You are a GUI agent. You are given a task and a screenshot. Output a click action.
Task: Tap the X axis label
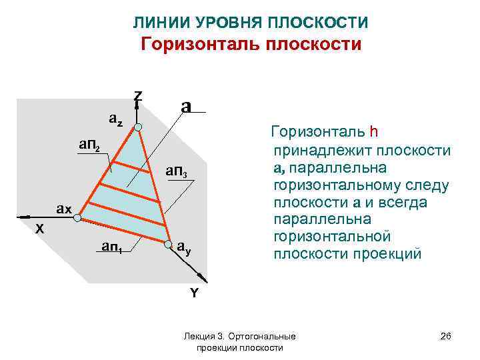coord(40,228)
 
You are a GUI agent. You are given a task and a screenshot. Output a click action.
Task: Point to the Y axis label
coord(194,293)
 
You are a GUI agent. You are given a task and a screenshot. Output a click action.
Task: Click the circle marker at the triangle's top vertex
coord(138,127)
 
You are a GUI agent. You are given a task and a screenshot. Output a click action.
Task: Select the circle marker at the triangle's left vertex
coord(77,217)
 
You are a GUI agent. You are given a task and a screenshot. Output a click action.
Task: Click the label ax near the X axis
coord(64,209)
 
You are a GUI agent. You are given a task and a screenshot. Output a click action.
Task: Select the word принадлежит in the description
coord(312,149)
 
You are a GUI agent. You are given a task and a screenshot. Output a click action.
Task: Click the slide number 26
coord(446,337)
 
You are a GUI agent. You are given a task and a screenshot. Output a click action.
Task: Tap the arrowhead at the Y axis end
coord(203,278)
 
